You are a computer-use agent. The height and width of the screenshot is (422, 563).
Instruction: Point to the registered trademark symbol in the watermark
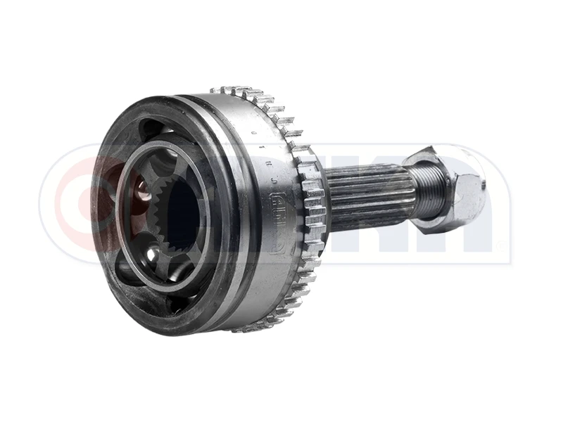click(x=500, y=245)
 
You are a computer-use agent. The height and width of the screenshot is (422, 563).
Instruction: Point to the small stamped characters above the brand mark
click(x=271, y=162)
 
